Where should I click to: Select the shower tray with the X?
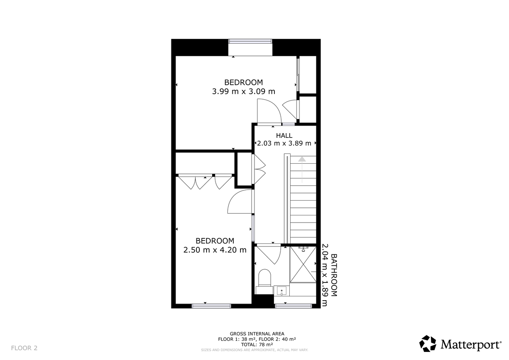[302, 264]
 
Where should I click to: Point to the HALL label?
[284, 136]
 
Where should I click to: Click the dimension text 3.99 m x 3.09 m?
[243, 91]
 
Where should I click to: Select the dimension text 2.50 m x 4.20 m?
[215, 250]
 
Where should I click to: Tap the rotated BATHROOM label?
[334, 275]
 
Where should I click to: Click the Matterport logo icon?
[428, 343]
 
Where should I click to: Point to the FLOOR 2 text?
[24, 348]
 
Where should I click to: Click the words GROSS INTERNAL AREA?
[257, 334]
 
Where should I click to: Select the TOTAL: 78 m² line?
[257, 345]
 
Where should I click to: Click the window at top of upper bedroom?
[250, 41]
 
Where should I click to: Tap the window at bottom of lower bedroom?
[211, 305]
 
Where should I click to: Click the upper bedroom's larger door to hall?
[268, 111]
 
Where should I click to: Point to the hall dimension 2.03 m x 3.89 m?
[284, 143]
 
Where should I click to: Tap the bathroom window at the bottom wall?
[293, 305]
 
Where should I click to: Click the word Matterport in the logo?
[470, 344]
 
